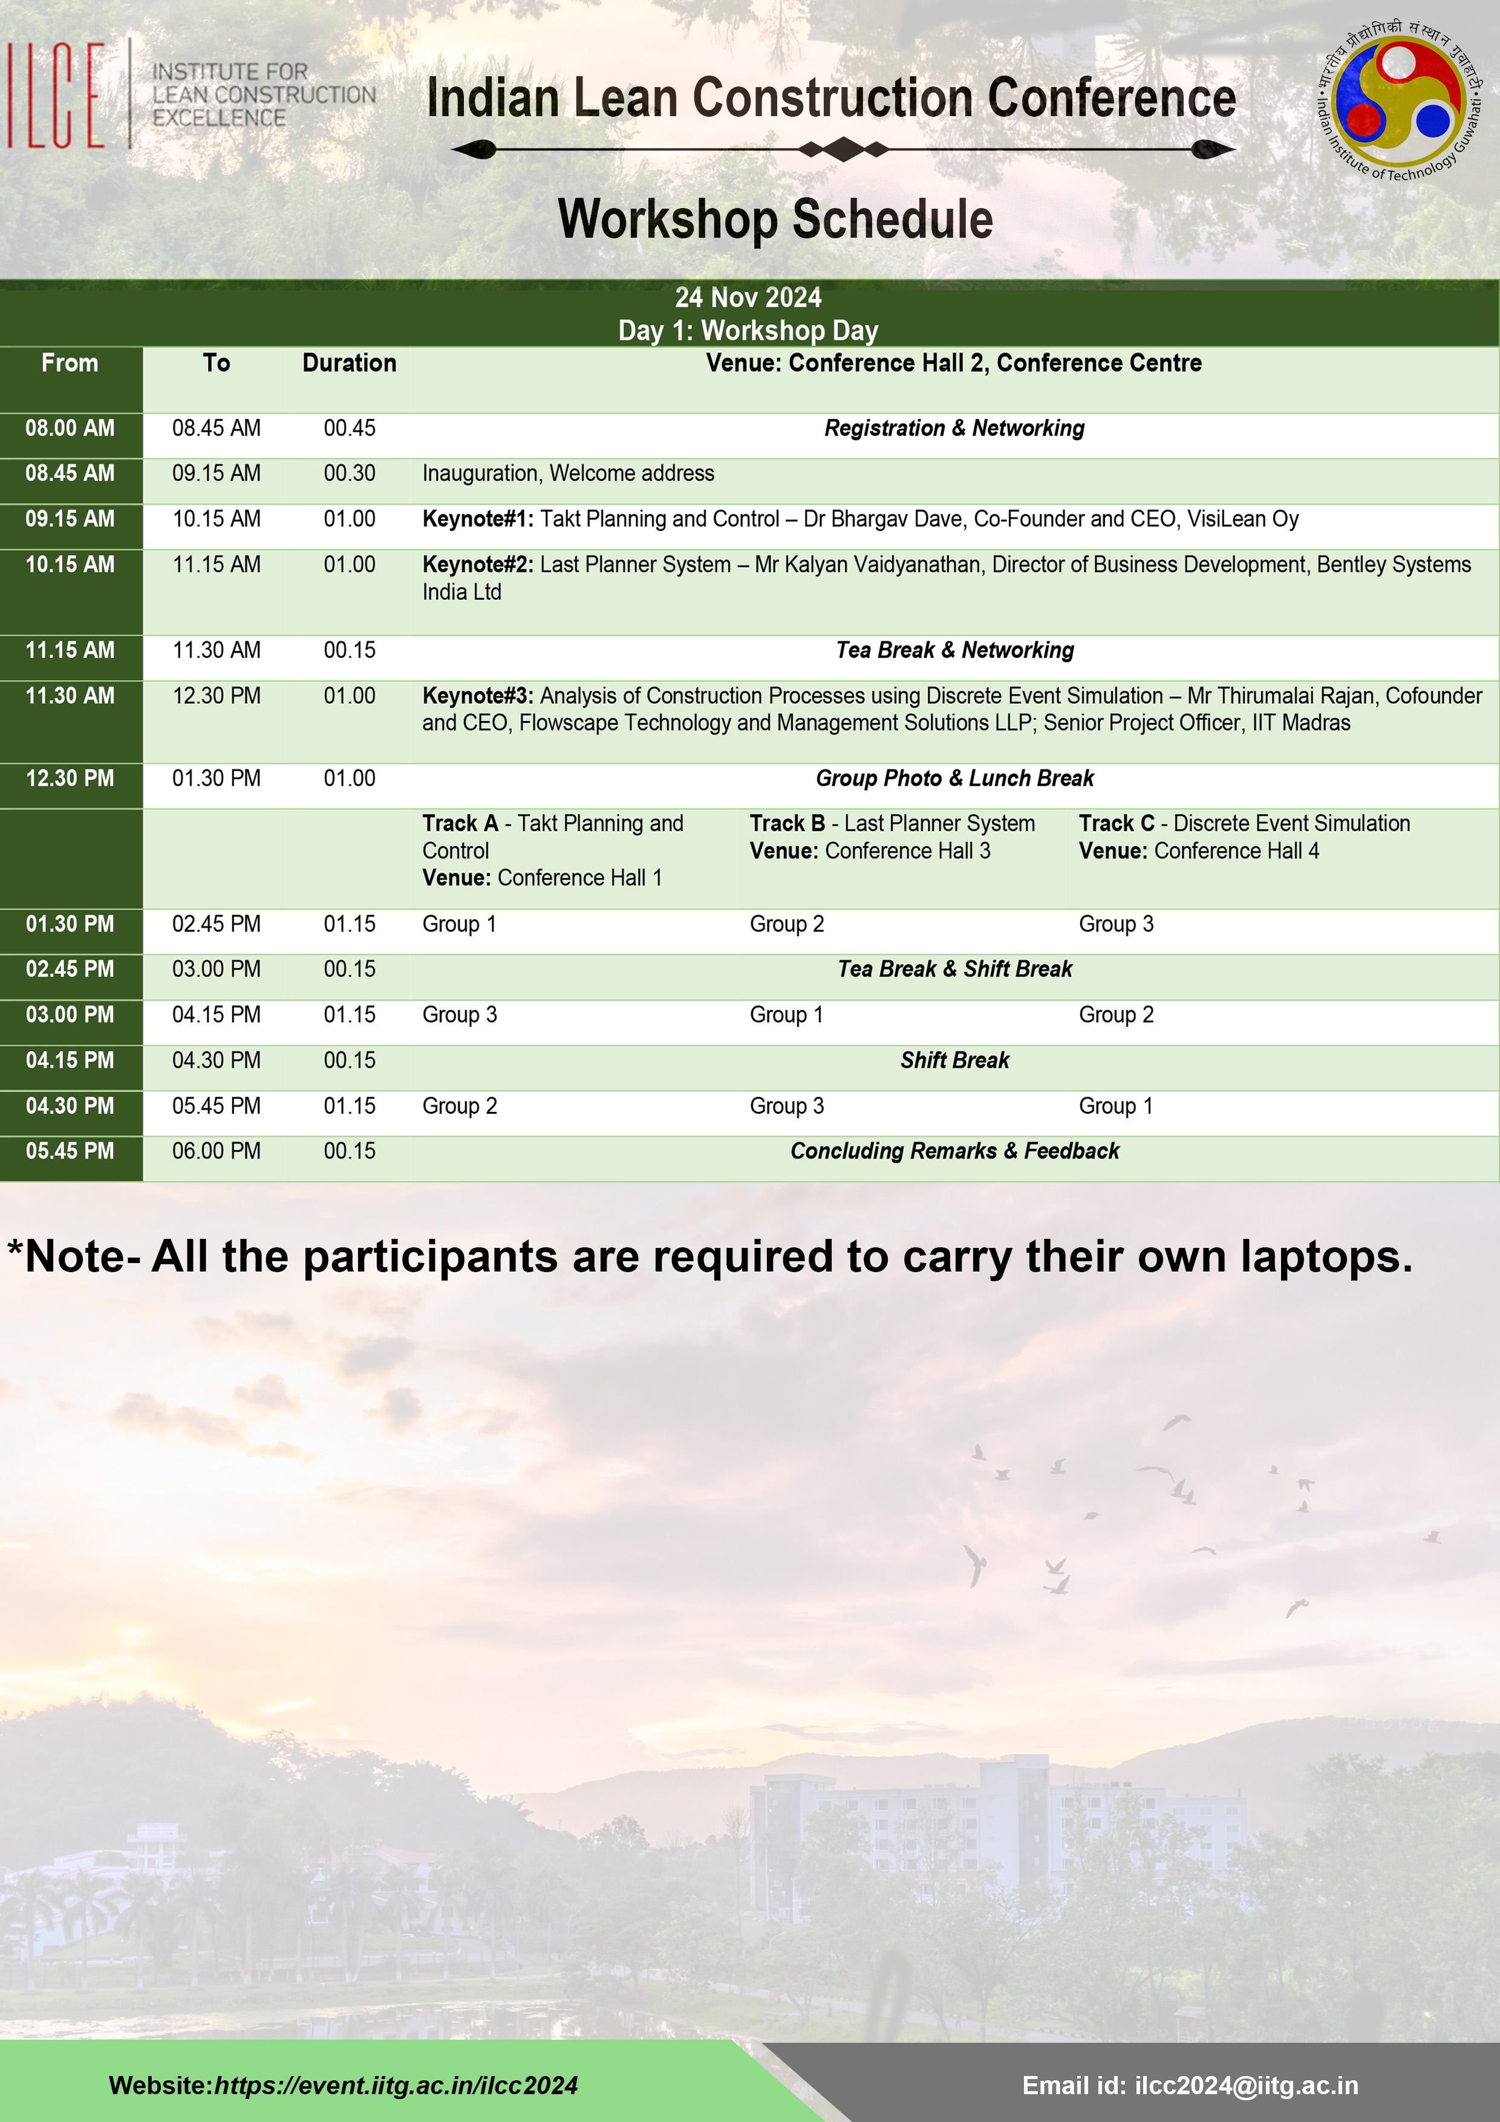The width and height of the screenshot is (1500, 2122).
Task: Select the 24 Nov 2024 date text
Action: point(748,298)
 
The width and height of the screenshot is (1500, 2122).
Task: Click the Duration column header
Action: point(350,363)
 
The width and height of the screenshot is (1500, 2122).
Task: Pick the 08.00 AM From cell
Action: point(70,428)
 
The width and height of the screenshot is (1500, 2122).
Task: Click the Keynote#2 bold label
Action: point(477,565)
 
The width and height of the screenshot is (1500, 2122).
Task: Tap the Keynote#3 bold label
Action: point(477,696)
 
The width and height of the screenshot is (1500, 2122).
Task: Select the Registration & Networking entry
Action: point(954,428)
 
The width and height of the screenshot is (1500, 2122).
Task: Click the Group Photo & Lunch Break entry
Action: point(954,778)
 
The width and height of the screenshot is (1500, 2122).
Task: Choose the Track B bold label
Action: point(786,823)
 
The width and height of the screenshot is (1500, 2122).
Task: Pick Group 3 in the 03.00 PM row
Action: point(459,1015)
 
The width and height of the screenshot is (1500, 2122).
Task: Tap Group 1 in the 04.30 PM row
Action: point(1115,1106)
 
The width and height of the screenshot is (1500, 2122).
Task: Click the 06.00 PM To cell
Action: point(217,1152)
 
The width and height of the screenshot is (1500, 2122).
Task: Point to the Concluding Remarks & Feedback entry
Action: point(954,1152)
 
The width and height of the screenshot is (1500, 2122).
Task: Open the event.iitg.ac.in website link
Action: point(396,2085)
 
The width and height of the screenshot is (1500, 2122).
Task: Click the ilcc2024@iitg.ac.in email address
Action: point(1246,2085)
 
